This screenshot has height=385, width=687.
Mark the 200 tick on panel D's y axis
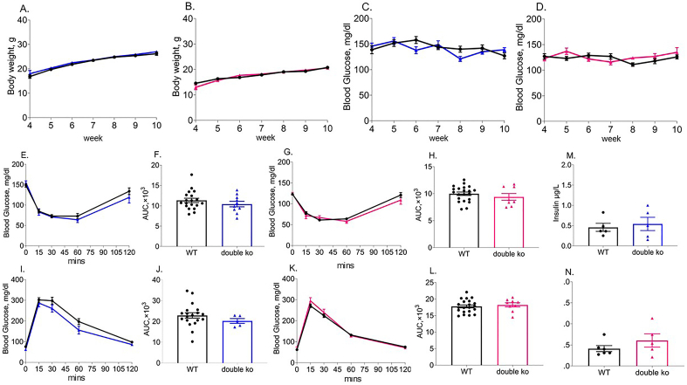tap(532, 28)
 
